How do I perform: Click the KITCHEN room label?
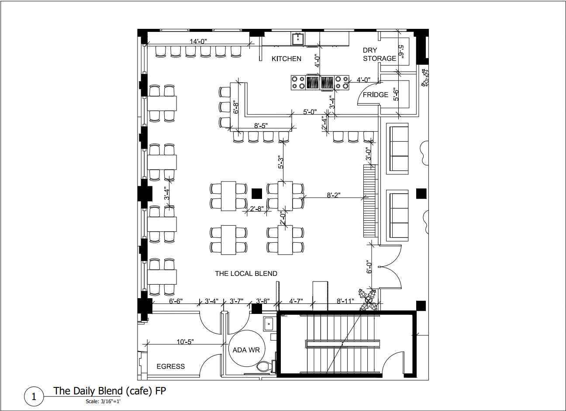pyautogui.click(x=286, y=59)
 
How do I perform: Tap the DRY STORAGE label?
pyautogui.click(x=379, y=54)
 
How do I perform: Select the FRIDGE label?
pyautogui.click(x=376, y=95)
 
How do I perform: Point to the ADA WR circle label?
pyautogui.click(x=246, y=350)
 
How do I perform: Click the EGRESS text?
pyautogui.click(x=171, y=366)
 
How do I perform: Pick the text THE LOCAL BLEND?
pyautogui.click(x=246, y=273)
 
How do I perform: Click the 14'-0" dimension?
pyautogui.click(x=198, y=41)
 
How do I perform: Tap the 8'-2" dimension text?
pyautogui.click(x=334, y=195)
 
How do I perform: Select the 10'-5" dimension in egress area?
pyautogui.click(x=185, y=342)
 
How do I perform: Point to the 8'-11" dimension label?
pyautogui.click(x=345, y=301)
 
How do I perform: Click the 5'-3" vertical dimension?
pyautogui.click(x=281, y=162)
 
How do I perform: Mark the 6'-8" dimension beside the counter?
pyautogui.click(x=235, y=108)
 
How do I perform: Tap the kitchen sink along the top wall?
pyautogui.click(x=298, y=39)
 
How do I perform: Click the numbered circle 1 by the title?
pyautogui.click(x=34, y=396)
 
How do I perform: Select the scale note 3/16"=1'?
pyautogui.click(x=103, y=401)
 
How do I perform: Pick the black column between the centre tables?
pyautogui.click(x=257, y=194)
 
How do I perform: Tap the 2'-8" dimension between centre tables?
pyautogui.click(x=257, y=209)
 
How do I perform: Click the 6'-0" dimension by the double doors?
pyautogui.click(x=369, y=267)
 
